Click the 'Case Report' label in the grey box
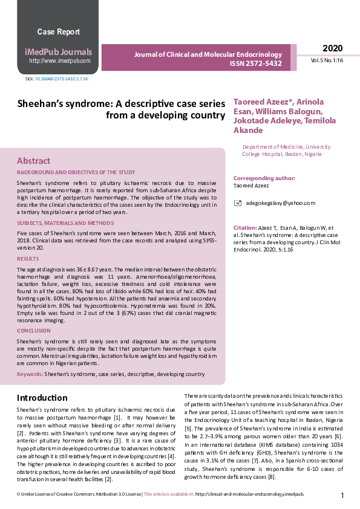(x=58, y=31)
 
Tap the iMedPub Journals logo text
(x=58, y=51)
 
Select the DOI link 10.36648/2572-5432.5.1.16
(x=61, y=79)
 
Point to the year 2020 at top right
(x=332, y=48)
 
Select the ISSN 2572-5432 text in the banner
(x=255, y=64)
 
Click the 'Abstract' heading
(x=33, y=161)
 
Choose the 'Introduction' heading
(x=42, y=398)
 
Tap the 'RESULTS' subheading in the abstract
(x=28, y=258)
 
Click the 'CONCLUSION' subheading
(x=34, y=331)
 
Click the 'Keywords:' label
(x=30, y=374)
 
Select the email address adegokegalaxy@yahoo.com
(x=273, y=203)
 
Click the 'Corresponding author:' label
(x=261, y=178)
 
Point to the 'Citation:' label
(x=244, y=227)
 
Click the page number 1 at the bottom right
(x=342, y=495)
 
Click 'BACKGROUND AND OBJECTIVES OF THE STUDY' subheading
(x=76, y=172)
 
